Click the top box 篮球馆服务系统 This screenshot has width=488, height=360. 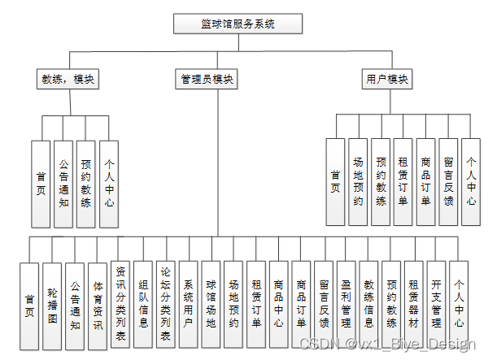click(237, 24)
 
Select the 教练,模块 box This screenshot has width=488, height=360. click(68, 80)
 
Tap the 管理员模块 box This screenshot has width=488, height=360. click(207, 80)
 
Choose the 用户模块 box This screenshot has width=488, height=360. click(386, 80)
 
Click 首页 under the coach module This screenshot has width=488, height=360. click(41, 184)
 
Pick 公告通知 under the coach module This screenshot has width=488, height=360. click(63, 184)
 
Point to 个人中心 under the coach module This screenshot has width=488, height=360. click(108, 184)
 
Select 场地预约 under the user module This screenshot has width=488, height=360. click(357, 181)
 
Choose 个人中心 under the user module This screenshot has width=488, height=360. click(470, 181)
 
